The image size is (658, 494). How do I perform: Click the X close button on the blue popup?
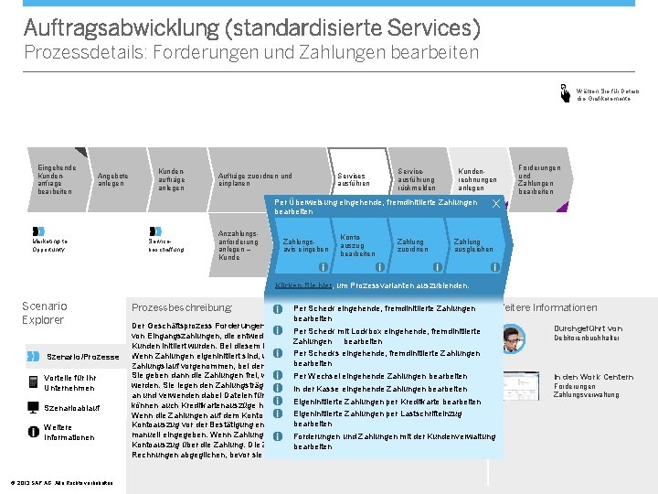coord(494,202)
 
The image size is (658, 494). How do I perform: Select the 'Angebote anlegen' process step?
coord(113,179)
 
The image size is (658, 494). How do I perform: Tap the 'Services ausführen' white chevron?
coord(353,179)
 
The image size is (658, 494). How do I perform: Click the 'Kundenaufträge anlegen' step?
coord(172,179)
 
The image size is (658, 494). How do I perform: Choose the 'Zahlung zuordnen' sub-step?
coord(412,245)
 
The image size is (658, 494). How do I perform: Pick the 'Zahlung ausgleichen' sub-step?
coord(473,245)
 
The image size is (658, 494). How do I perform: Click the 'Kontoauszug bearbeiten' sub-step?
coord(356,245)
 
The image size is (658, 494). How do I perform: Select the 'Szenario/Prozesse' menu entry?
coord(82,356)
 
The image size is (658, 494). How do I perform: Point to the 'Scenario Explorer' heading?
coord(43,313)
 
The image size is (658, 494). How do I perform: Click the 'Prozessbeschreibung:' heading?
coord(183,308)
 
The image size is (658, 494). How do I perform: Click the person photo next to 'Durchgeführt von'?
coord(515,338)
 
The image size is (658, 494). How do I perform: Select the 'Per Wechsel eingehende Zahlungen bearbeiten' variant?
coord(379,376)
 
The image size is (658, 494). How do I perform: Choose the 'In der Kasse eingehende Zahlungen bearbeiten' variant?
coord(381,389)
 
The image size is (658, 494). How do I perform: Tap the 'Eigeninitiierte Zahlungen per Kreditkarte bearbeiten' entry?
coord(387,402)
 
